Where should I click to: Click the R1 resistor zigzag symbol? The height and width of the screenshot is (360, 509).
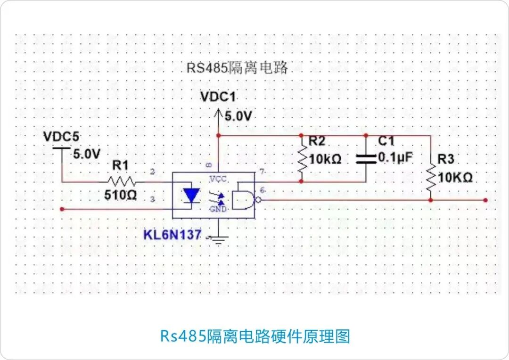click(122, 181)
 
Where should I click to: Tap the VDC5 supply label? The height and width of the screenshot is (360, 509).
click(61, 137)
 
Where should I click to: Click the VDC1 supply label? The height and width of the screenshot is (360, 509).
click(217, 97)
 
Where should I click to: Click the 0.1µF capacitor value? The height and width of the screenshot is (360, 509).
click(395, 158)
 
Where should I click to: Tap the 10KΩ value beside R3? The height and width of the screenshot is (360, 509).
click(455, 178)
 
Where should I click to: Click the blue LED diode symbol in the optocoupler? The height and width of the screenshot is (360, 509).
click(191, 195)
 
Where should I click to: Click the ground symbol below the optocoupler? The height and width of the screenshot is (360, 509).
click(218, 240)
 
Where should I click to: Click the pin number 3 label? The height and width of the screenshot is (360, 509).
click(152, 200)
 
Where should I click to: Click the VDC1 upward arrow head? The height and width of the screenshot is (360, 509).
click(218, 114)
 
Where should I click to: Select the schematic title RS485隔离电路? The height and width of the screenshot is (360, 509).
click(237, 68)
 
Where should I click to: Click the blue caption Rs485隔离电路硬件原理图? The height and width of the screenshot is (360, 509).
click(255, 336)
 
